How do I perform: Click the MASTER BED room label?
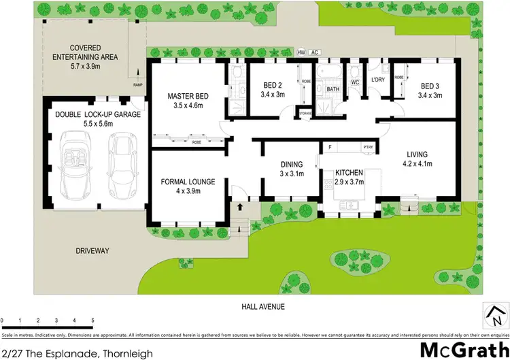pos(188,97)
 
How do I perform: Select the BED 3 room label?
pos(430,86)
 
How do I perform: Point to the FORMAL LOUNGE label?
pos(188,182)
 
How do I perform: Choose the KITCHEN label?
pos(349,173)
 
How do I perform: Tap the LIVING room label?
pos(418,154)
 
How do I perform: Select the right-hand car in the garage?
pos(122,163)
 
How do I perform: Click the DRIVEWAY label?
pos(92,251)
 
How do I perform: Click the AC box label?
pos(314,52)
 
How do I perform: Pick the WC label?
pos(354,82)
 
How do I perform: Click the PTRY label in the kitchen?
pos(368,148)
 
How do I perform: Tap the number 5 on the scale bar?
pos(92,319)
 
